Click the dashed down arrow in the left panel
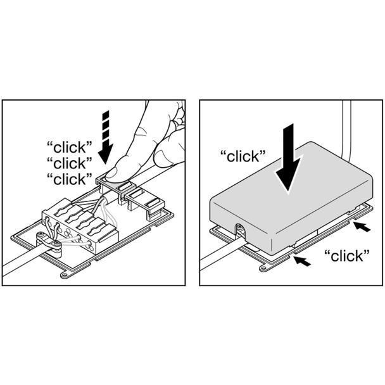pos(106,137)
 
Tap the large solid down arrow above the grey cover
pos(288,157)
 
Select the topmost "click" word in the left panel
pos(70,148)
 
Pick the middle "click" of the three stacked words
pos(70,163)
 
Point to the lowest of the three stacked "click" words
pos(70,179)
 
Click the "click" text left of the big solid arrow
pos(243,156)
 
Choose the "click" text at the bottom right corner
pos(347,256)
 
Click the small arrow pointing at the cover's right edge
pos(362,227)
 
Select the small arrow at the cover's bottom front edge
pos(303,260)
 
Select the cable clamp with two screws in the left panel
pos(49,244)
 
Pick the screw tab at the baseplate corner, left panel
pos(65,275)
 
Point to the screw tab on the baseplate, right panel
pos(263,268)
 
